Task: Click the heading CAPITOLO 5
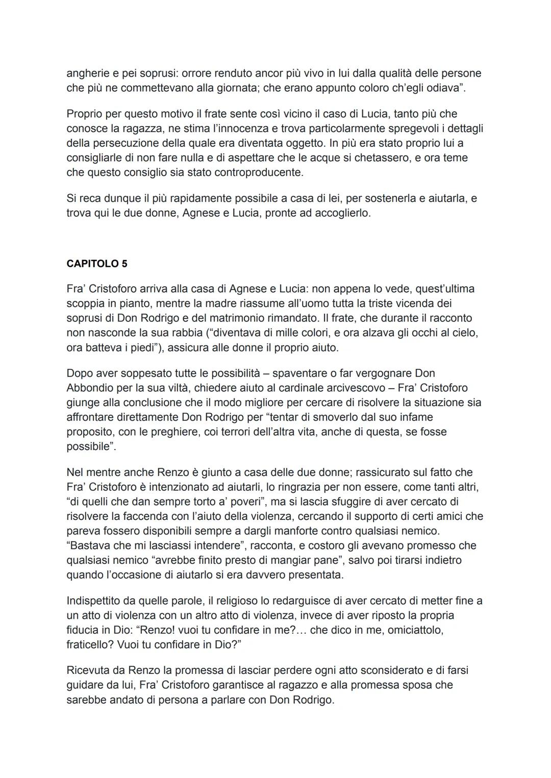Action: tap(97, 264)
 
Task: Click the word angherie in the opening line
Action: tap(87, 73)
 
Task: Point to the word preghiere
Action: tap(170, 432)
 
